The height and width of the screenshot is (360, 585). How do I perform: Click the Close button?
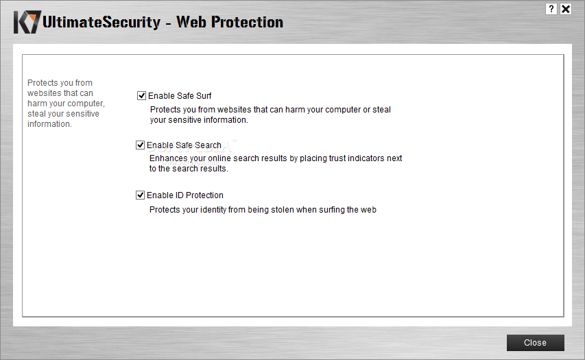(535, 342)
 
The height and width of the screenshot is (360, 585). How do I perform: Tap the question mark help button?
(551, 9)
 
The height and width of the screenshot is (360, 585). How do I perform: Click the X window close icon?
(566, 9)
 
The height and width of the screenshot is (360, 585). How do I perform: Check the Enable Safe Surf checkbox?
(141, 96)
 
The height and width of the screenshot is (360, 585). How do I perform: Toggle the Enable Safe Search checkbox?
(140, 145)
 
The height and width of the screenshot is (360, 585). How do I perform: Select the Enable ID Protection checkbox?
(140, 195)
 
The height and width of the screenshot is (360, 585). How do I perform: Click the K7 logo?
(27, 22)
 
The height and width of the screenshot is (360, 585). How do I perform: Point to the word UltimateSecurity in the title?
(102, 22)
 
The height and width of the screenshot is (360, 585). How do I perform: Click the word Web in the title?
(191, 22)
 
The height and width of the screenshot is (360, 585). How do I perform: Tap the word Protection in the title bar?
(248, 22)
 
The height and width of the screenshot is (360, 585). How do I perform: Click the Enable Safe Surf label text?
(180, 96)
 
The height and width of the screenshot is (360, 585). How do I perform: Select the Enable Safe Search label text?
(184, 145)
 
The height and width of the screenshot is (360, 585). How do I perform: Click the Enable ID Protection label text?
(185, 195)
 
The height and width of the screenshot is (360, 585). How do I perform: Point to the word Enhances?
(167, 158)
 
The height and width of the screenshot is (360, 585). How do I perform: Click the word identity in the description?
(213, 210)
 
